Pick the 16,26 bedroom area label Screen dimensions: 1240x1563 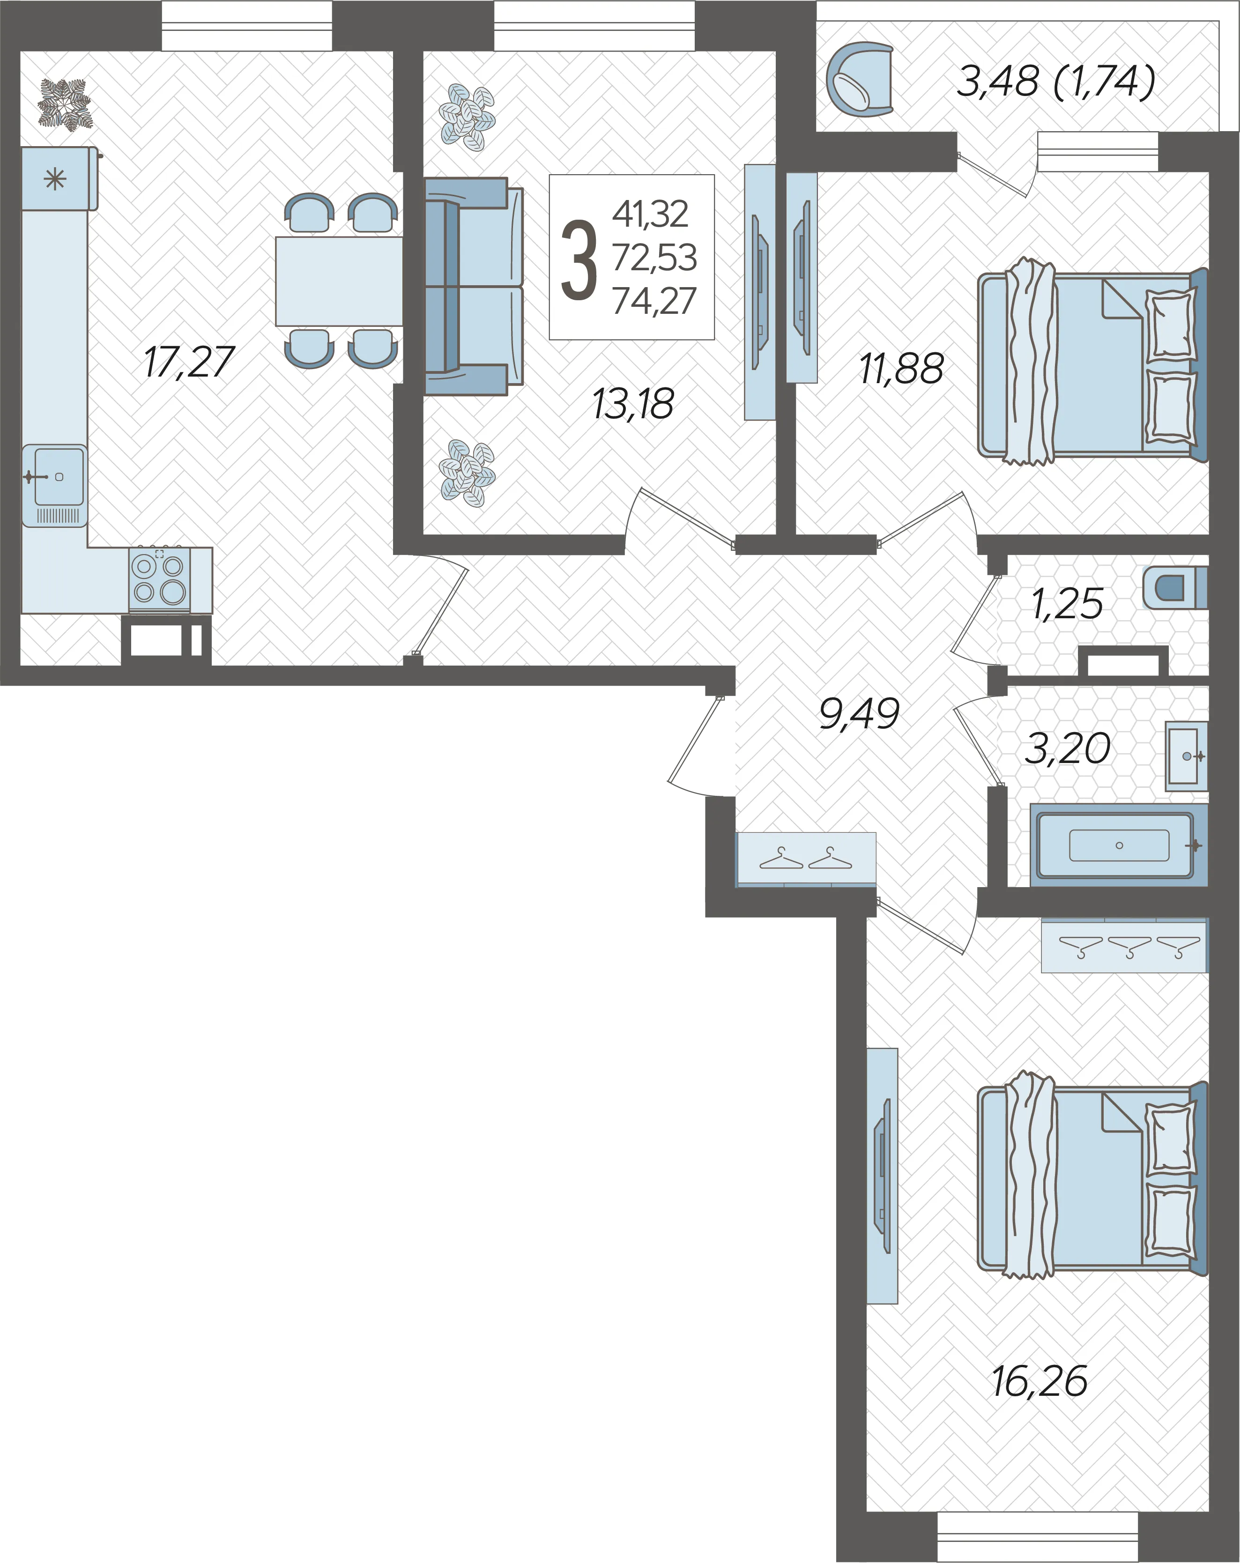click(1039, 1381)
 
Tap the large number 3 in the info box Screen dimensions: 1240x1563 click(579, 260)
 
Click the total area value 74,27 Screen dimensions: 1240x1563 click(654, 301)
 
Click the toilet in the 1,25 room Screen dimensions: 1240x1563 click(1175, 587)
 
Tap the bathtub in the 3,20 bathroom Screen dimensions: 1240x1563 click(1119, 845)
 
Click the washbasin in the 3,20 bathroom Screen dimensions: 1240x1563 click(1186, 756)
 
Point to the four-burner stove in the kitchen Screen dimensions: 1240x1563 click(160, 579)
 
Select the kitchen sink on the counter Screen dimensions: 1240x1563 click(54, 485)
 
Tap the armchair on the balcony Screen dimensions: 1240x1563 click(860, 79)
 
